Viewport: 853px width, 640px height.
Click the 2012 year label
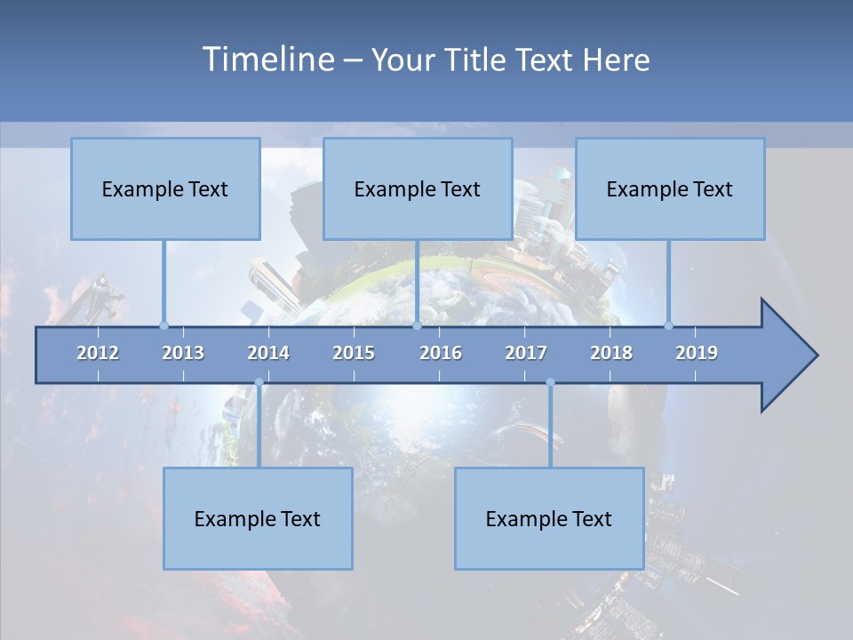(x=98, y=353)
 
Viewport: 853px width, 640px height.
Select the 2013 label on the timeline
(x=183, y=353)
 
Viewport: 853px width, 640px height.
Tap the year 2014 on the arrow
(x=268, y=353)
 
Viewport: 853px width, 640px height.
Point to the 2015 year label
(x=354, y=353)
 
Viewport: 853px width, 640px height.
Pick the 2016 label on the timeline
(x=441, y=353)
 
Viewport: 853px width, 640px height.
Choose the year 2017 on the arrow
(x=526, y=353)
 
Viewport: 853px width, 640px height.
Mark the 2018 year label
(x=611, y=353)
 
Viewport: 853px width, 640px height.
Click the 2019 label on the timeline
(x=697, y=353)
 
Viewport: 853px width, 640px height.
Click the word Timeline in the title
(x=267, y=60)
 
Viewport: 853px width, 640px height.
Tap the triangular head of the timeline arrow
(x=786, y=356)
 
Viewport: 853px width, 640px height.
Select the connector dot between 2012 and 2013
(x=163, y=325)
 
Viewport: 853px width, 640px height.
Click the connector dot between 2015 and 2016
(x=417, y=325)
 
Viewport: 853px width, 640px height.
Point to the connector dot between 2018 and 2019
(x=669, y=325)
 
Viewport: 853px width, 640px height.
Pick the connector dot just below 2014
(x=259, y=383)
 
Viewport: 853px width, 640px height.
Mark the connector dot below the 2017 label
(x=550, y=383)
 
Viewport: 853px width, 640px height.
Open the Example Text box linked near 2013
(x=165, y=188)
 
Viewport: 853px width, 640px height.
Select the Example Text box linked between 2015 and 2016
(x=418, y=188)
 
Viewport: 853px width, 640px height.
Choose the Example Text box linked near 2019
(x=670, y=188)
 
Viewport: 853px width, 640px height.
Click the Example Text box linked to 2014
(x=258, y=518)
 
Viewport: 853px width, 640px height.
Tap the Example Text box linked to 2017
(x=549, y=518)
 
